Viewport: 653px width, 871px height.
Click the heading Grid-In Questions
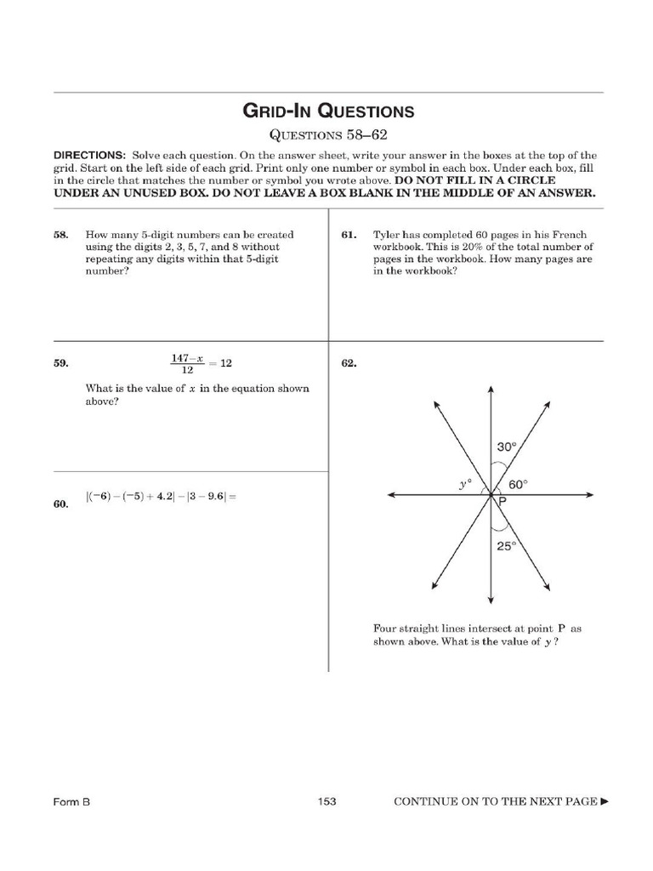(x=328, y=111)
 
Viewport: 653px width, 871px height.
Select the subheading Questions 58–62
(x=328, y=134)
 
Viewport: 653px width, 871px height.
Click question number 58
(x=60, y=235)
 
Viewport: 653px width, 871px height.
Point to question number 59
(x=60, y=363)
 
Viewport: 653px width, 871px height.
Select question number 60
(x=60, y=504)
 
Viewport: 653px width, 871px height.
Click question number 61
(x=348, y=235)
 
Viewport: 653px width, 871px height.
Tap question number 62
(x=348, y=363)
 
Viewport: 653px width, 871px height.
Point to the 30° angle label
(x=507, y=447)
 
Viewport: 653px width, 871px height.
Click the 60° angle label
(x=518, y=484)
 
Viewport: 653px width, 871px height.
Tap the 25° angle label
(x=507, y=547)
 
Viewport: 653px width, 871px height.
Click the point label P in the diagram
(x=503, y=503)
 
